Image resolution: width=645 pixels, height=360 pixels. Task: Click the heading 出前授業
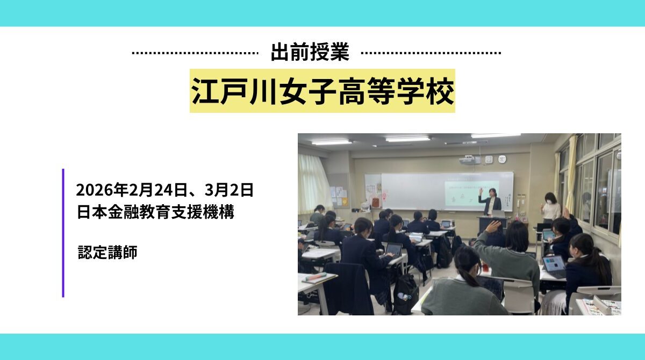tap(310, 53)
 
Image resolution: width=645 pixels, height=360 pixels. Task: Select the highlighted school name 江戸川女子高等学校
tap(322, 91)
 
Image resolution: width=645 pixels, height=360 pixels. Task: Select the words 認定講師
tap(107, 252)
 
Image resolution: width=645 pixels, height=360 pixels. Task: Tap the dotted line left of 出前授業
tap(195, 53)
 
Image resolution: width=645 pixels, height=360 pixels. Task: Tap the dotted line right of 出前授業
tap(431, 53)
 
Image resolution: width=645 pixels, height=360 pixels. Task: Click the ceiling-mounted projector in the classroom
tap(468, 160)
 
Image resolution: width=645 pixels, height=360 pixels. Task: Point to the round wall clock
tap(502, 159)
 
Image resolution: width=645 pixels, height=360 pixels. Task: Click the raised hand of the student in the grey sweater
tap(492, 226)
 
